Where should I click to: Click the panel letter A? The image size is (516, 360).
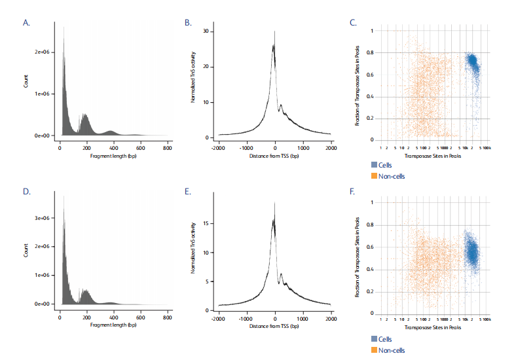(x=26, y=23)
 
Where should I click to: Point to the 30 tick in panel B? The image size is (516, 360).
(x=206, y=31)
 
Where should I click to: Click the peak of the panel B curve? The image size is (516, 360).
(x=275, y=31)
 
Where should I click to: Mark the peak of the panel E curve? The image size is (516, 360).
(x=275, y=203)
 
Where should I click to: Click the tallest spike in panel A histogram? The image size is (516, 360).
(x=64, y=27)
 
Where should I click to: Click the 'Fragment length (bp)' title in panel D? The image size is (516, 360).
(x=114, y=325)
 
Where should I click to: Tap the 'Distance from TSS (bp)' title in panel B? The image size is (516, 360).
(x=275, y=156)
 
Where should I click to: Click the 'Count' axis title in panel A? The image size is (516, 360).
(x=26, y=82)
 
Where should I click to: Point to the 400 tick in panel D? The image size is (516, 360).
(x=114, y=317)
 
